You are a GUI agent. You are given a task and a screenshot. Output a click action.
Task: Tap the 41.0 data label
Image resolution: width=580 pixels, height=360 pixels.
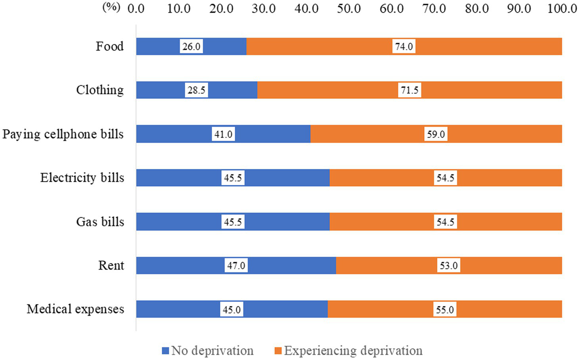223,134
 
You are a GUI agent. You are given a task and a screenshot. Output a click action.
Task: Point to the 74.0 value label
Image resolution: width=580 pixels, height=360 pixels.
404,46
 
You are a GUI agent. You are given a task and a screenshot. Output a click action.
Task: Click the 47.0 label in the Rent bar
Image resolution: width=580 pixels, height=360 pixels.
236,266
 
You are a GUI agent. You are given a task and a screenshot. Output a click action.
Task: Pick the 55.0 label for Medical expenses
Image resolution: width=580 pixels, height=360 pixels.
445,310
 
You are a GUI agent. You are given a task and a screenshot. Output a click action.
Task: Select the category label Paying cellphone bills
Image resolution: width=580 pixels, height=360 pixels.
63,134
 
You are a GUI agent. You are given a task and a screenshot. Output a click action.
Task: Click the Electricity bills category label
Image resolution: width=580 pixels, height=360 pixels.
82,178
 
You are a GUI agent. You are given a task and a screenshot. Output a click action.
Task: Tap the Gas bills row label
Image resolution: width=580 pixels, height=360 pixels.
100,222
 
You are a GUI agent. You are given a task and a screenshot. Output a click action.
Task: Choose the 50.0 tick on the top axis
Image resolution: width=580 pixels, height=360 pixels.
349,8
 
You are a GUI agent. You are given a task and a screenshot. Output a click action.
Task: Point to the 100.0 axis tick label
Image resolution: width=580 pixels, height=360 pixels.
562,8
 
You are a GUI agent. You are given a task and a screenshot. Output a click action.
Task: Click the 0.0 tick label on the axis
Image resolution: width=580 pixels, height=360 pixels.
136,8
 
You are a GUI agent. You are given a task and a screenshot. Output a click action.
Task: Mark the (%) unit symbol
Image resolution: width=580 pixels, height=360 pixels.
111,7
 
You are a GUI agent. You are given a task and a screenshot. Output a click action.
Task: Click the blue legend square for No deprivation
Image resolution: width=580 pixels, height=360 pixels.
166,351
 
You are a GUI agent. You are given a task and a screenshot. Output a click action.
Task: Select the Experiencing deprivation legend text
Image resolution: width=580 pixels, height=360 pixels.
353,351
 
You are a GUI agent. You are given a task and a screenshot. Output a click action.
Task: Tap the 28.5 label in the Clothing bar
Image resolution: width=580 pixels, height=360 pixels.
196,90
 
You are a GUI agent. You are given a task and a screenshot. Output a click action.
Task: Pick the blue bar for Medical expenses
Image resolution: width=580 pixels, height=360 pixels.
178,309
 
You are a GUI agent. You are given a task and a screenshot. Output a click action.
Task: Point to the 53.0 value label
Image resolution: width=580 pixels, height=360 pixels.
448,266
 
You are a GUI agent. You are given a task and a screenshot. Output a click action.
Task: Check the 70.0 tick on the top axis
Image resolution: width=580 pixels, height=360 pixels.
434,8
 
